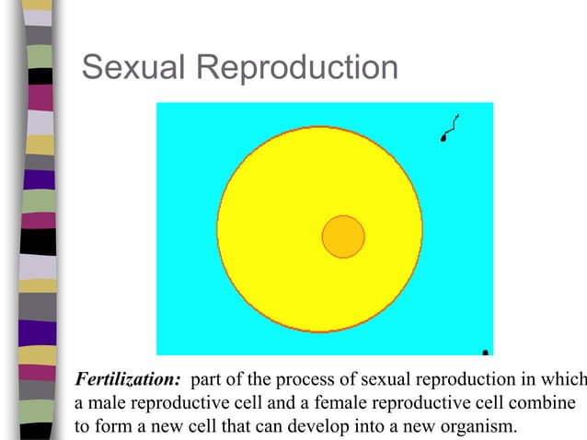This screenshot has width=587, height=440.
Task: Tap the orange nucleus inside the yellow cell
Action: pyautogui.click(x=343, y=237)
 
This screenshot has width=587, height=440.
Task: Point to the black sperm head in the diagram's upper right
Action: pyautogui.click(x=444, y=139)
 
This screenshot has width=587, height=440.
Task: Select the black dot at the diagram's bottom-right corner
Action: pyautogui.click(x=486, y=351)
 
